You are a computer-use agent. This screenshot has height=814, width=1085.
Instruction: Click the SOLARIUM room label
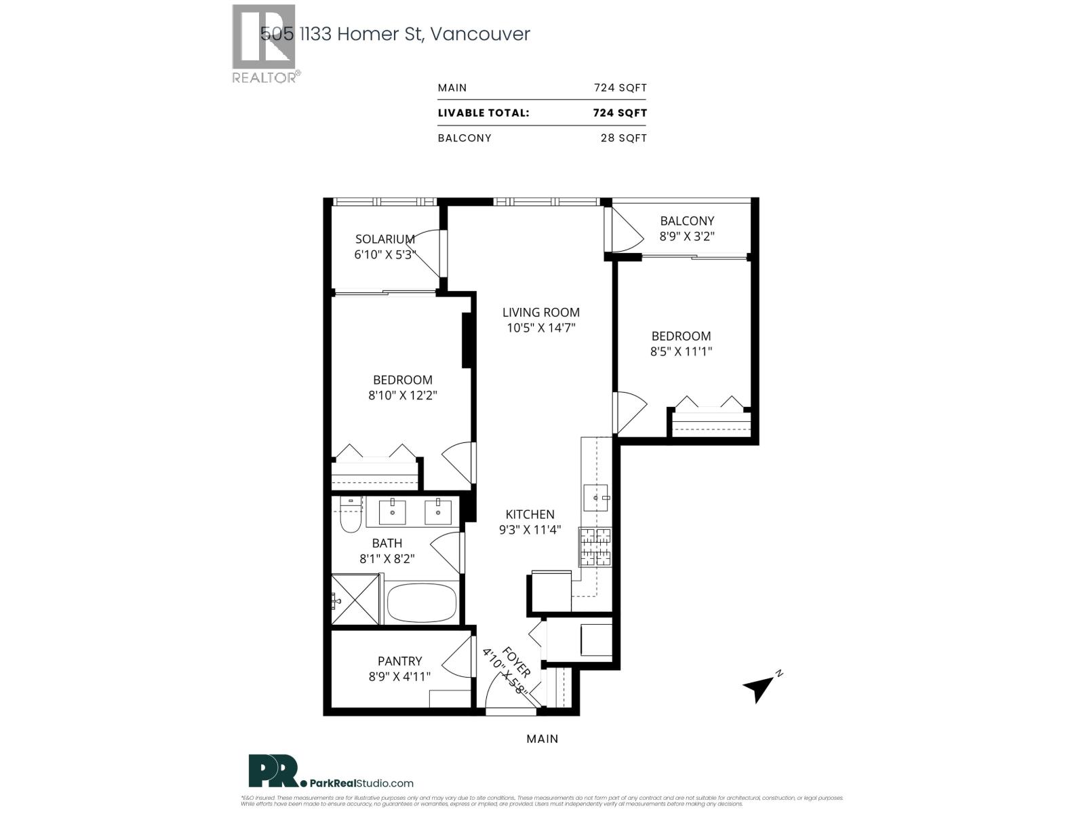coord(384,239)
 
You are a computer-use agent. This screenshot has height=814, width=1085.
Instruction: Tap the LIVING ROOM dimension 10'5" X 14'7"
coord(540,328)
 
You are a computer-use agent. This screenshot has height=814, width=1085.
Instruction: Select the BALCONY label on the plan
coord(687,220)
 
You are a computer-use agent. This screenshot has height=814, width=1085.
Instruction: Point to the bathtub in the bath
coord(422,602)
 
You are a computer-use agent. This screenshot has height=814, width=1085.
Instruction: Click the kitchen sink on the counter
coord(596,498)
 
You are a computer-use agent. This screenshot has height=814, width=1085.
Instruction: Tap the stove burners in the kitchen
coord(595,547)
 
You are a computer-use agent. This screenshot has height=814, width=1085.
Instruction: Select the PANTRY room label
coord(399,661)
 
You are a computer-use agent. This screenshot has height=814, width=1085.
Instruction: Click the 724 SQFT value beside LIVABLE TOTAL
coord(620,113)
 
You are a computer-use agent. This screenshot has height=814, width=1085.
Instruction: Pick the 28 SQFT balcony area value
coord(623,138)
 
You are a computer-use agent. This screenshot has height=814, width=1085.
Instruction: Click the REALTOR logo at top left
coord(264,44)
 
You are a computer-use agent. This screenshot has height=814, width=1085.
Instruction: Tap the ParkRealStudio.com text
coord(361,783)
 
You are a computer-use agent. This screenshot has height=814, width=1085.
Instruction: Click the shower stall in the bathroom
coord(355,599)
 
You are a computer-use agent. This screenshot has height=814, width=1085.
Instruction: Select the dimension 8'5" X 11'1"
coord(681,351)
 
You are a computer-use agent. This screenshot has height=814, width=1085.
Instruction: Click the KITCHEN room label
coord(530,514)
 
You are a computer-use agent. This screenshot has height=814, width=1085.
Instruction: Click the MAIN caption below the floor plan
coord(542,739)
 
